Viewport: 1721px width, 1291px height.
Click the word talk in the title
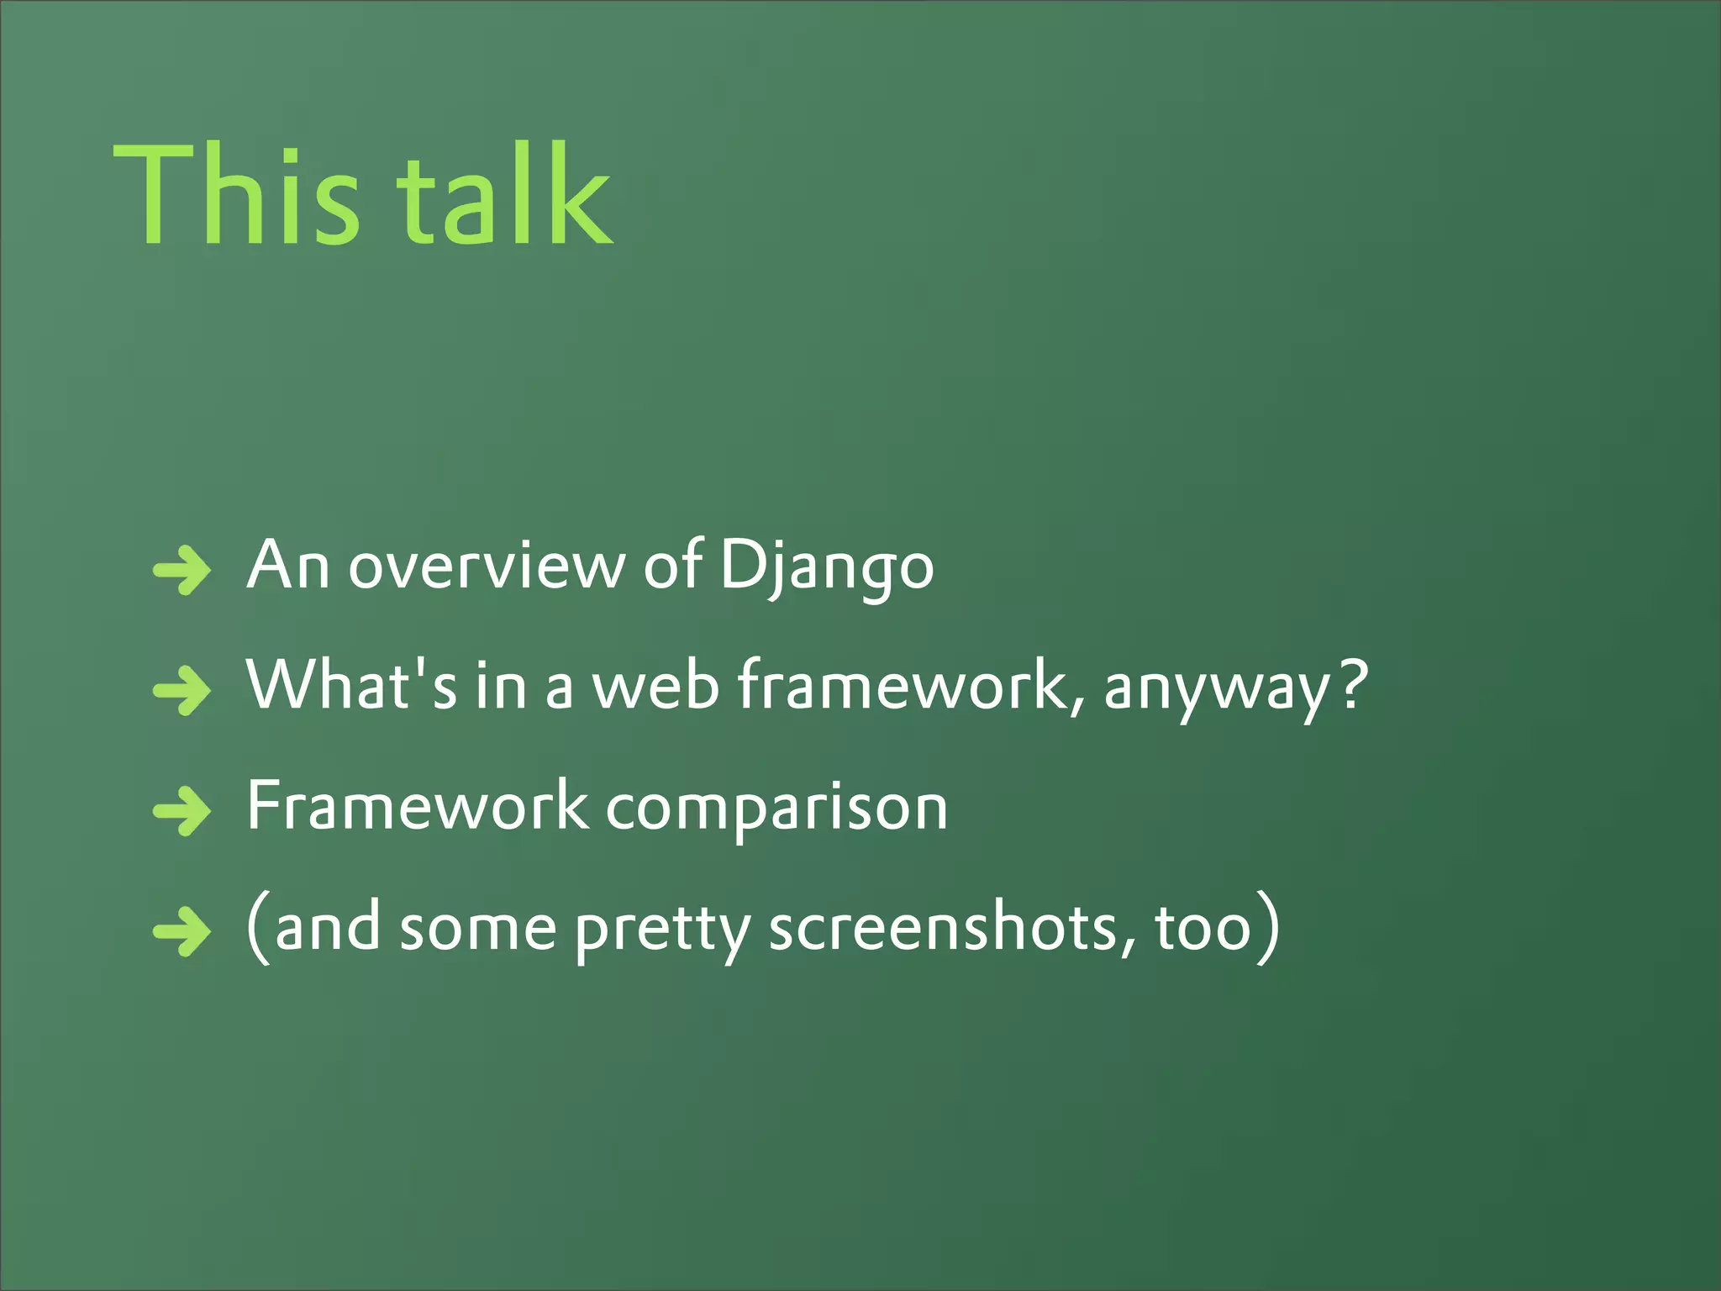coord(504,195)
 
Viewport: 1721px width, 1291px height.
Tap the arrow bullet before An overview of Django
coord(182,571)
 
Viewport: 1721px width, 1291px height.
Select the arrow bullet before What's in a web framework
coord(182,691)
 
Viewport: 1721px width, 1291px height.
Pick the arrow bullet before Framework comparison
coord(182,811)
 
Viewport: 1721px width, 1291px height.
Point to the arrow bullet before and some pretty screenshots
coord(182,931)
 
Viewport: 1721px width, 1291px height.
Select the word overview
coord(487,566)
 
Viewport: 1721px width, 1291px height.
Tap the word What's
coord(352,685)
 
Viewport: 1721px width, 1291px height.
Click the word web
coord(656,685)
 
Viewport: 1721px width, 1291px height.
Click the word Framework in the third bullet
coord(418,805)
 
